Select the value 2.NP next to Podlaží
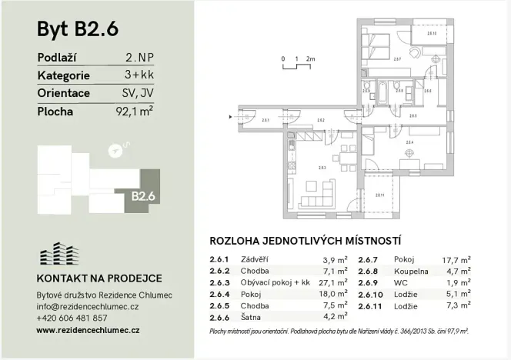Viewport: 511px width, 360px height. pos(138,58)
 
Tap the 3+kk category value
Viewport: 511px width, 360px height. pos(138,75)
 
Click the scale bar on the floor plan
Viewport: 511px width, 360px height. pos(296,62)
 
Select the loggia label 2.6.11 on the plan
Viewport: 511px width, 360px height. pos(379,194)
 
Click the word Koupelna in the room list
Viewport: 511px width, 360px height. pos(411,271)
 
